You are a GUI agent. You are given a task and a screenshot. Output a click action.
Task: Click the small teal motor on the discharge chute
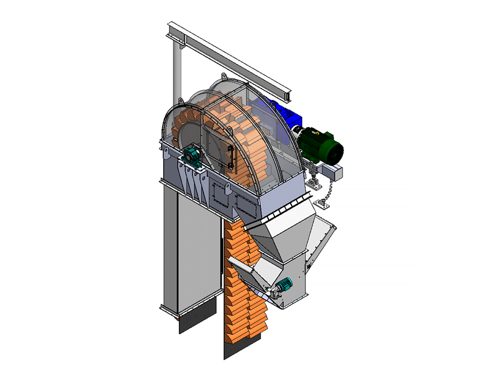284,285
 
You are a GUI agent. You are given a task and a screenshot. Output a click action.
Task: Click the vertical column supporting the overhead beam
176,74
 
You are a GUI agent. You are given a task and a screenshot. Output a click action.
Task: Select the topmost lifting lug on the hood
224,78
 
